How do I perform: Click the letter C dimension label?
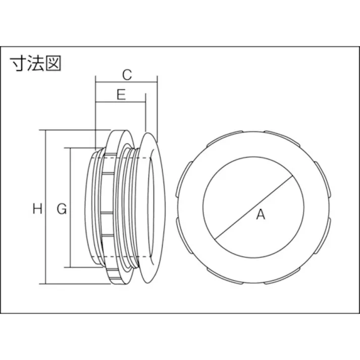[127, 75]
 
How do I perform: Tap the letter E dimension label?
[121, 95]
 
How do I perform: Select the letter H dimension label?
[37, 208]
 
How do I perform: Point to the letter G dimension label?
[61, 208]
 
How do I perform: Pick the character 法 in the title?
[35, 64]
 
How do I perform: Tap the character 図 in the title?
[53, 64]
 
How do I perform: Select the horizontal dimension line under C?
[126, 84]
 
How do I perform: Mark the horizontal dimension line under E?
[121, 104]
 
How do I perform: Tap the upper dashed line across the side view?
[121, 158]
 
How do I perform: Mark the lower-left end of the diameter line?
[215, 238]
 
